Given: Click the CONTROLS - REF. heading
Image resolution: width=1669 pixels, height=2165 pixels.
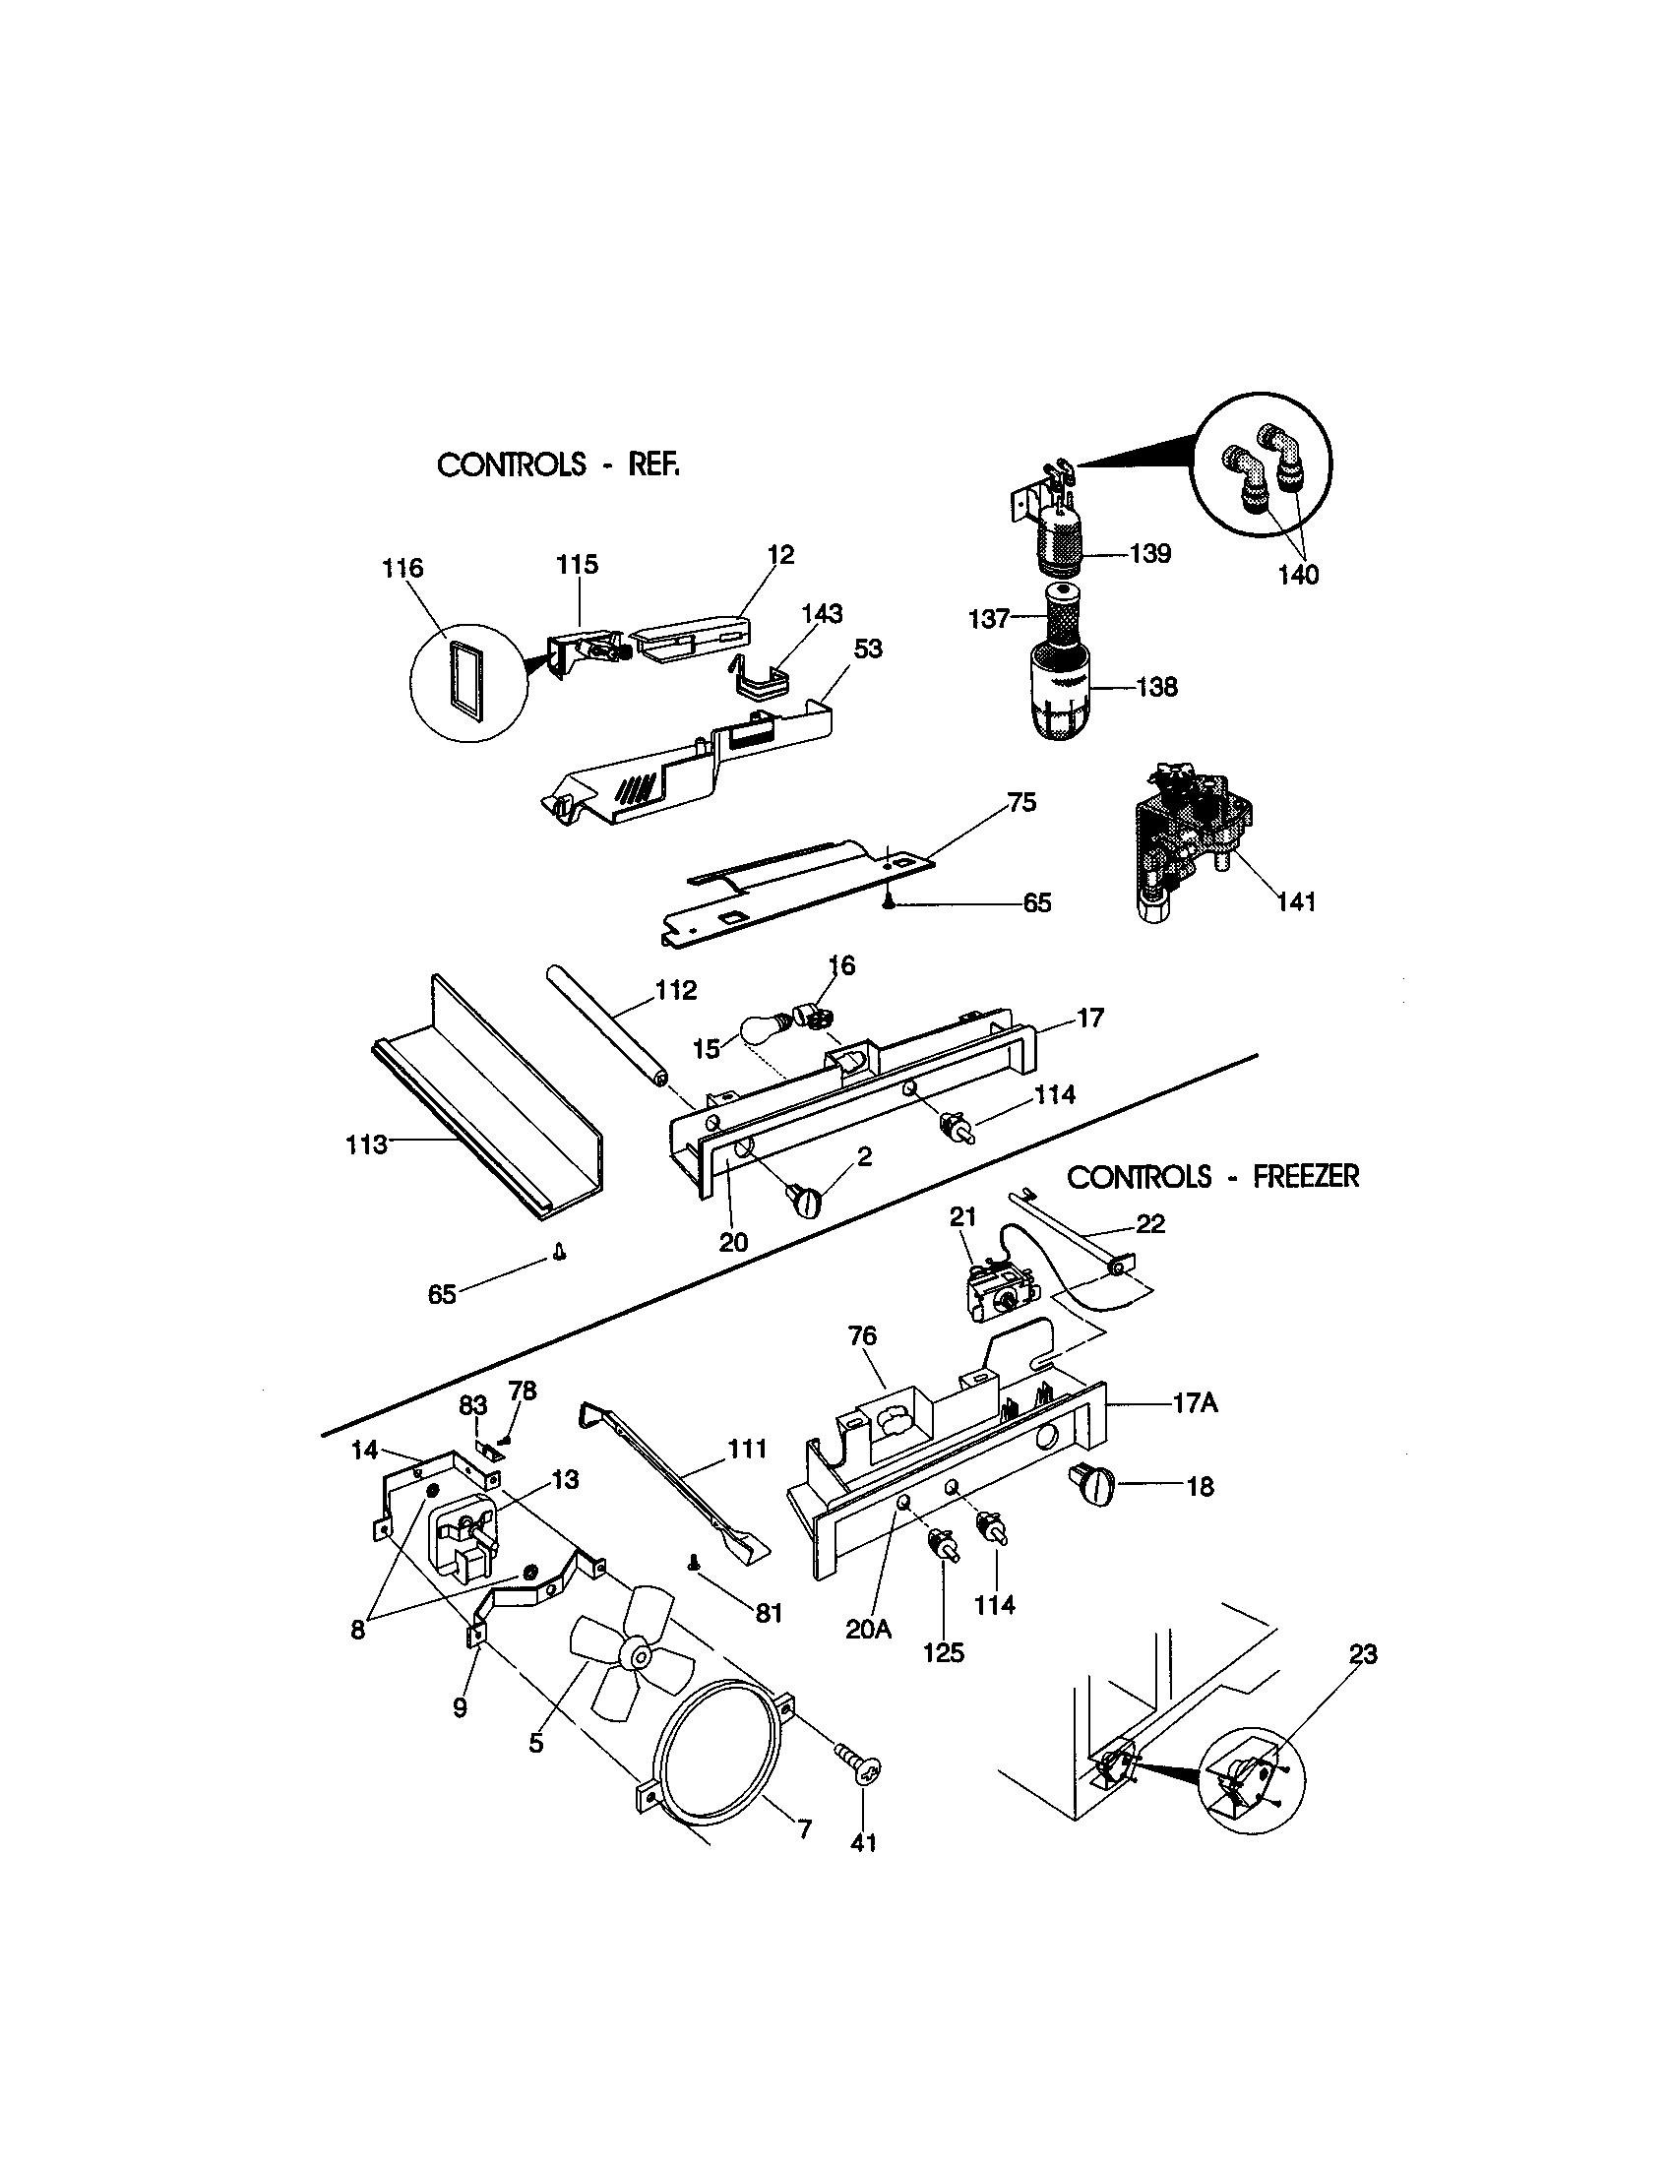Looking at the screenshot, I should [x=558, y=464].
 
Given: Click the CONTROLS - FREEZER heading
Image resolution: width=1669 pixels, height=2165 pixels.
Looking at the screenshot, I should [x=1212, y=1177].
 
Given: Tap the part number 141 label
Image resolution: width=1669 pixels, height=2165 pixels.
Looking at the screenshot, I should [x=1296, y=901].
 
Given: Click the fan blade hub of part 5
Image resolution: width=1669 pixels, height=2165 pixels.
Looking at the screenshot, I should [x=635, y=1654].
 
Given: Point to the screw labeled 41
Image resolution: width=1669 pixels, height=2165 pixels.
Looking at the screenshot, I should [x=859, y=1767].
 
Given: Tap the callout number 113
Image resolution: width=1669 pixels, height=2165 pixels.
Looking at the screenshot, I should [x=366, y=1144].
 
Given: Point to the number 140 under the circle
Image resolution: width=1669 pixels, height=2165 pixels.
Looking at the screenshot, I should [x=1298, y=575].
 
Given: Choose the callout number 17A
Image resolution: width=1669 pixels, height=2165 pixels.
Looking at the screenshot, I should [x=1196, y=1403].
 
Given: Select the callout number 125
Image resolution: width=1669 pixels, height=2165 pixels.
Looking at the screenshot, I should [x=943, y=1652].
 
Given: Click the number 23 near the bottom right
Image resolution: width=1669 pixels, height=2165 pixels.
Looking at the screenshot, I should [x=1363, y=1653].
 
